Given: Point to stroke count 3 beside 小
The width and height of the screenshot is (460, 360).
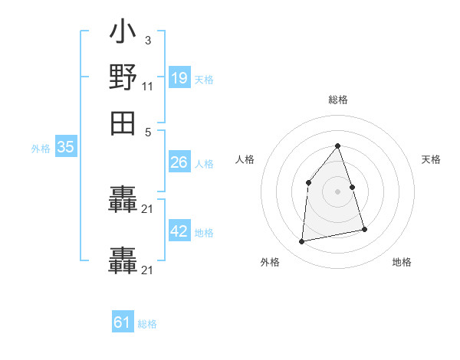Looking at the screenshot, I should [x=147, y=40].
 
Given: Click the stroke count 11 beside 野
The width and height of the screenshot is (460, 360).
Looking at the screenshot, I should [x=147, y=86].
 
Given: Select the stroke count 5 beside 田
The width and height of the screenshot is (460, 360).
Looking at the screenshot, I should [x=148, y=131].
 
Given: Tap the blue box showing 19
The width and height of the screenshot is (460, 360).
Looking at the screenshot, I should [x=179, y=77].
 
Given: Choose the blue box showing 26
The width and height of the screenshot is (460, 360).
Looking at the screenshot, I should [x=179, y=162].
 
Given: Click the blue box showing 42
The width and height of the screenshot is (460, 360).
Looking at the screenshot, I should [x=179, y=231].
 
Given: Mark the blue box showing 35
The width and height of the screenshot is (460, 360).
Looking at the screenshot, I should [x=65, y=148].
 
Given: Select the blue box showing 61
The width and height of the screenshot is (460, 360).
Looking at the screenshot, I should [x=123, y=322].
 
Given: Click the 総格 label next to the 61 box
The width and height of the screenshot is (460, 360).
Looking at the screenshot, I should [x=147, y=324].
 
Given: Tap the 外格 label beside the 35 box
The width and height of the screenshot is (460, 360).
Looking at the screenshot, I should [x=41, y=149].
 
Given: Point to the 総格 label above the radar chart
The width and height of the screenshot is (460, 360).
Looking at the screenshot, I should [x=337, y=100].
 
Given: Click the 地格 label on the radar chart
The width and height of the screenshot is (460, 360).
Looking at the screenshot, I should [x=402, y=262].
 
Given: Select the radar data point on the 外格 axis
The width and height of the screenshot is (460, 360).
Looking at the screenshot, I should [x=302, y=242].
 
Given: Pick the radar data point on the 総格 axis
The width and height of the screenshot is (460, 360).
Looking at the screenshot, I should [x=337, y=146].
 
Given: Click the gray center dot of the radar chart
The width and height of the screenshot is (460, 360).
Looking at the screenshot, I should [x=337, y=191].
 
